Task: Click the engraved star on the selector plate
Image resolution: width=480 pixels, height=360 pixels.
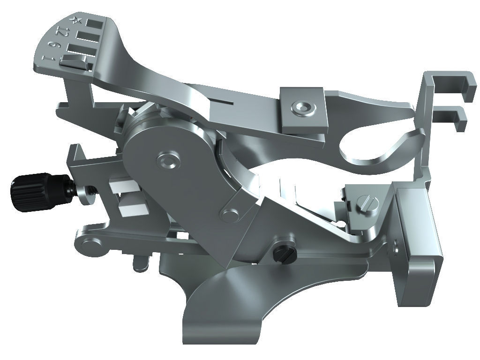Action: [75, 20]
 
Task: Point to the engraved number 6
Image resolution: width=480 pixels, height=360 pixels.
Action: [54, 45]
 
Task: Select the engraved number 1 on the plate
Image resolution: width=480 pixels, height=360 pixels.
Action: [47, 58]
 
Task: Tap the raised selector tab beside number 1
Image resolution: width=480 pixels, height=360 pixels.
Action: [75, 61]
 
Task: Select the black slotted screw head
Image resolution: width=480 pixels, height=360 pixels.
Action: [283, 254]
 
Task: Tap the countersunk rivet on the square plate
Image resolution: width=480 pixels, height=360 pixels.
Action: [302, 108]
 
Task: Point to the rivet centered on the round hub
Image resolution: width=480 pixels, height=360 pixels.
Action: [167, 162]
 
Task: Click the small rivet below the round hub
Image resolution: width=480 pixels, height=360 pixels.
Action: [229, 215]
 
